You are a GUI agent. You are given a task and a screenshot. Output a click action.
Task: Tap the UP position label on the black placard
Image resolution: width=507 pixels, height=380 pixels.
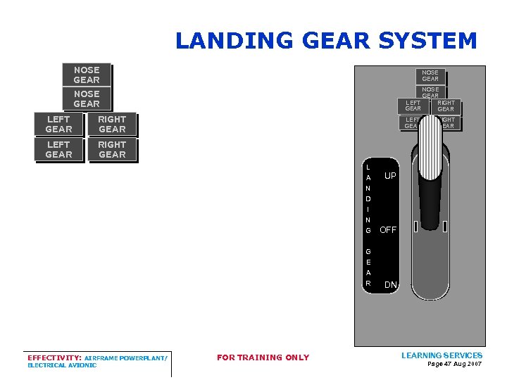(390, 175)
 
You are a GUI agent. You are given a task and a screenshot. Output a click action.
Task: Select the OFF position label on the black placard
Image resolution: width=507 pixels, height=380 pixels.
(388, 229)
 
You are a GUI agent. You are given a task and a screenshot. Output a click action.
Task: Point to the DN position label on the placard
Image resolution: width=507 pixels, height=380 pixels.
(391, 285)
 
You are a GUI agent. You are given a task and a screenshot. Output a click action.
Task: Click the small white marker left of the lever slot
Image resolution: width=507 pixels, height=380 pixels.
(415, 227)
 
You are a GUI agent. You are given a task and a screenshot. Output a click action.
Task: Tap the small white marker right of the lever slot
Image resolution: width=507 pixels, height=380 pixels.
(444, 227)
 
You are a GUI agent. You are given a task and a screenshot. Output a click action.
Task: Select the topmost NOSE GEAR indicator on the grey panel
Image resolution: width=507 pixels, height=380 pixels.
(430, 75)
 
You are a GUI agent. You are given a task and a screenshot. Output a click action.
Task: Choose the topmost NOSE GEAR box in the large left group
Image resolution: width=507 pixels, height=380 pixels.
(87, 75)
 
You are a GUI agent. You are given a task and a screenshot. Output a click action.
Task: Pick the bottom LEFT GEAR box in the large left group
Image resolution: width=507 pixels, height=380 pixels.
(58, 150)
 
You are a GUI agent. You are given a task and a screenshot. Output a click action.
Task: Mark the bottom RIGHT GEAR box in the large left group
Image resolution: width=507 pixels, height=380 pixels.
(112, 150)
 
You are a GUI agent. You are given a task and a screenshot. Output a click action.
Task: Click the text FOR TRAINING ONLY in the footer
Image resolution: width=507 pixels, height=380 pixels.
(263, 357)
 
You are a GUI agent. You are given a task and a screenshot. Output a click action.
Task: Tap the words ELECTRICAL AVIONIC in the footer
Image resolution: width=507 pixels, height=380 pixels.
(62, 365)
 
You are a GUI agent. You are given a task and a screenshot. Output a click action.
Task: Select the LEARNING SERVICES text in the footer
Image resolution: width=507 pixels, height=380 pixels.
(442, 355)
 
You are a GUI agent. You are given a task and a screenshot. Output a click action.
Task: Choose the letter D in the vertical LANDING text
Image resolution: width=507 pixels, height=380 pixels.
(368, 199)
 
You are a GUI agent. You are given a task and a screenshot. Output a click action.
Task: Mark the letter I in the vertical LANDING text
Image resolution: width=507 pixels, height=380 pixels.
(368, 210)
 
